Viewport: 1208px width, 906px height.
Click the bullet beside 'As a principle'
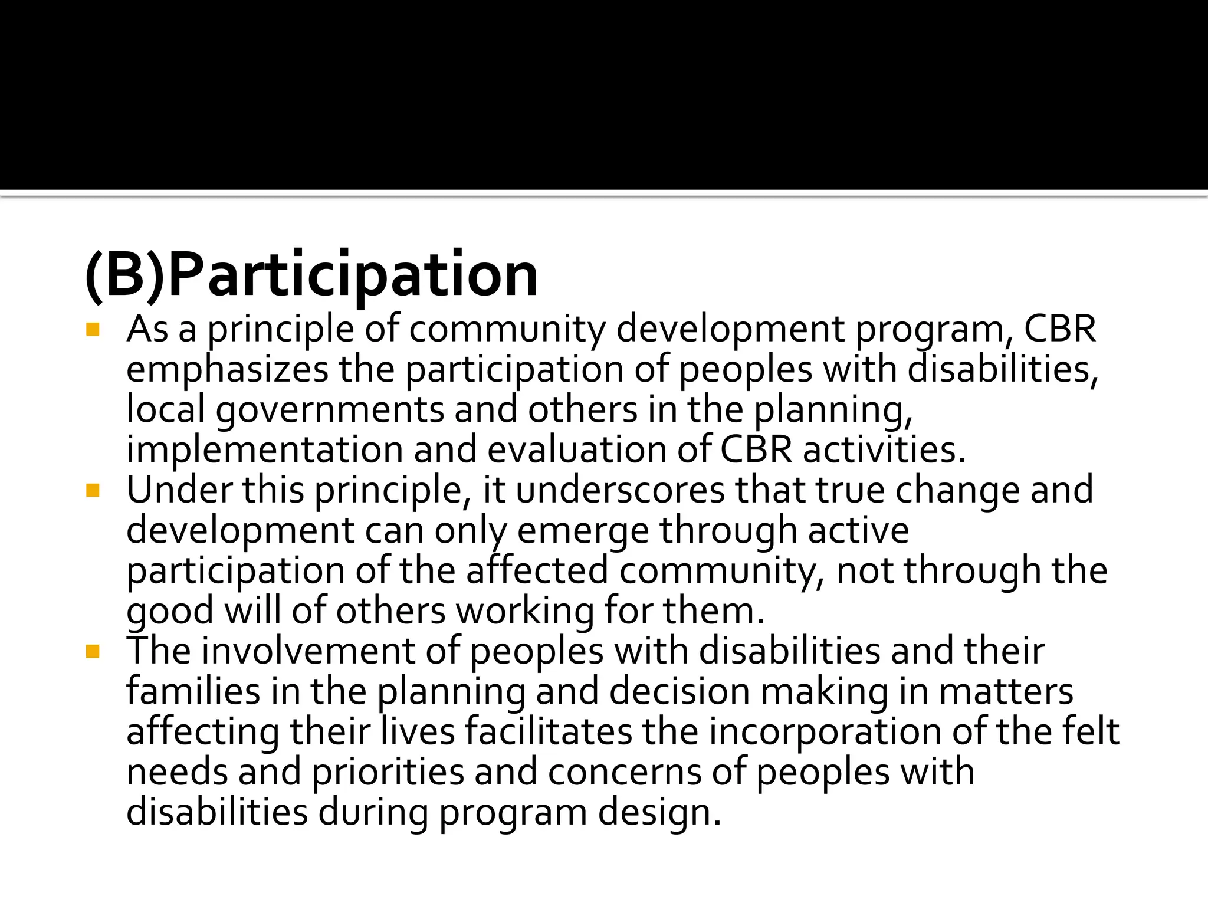93,329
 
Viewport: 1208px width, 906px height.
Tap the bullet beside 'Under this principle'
93,490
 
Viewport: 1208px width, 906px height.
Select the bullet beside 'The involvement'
93,651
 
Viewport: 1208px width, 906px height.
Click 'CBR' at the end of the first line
1059,329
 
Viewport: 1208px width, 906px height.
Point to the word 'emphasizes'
227,370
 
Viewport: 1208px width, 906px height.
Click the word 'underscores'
621,490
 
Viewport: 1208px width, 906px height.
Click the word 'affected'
537,571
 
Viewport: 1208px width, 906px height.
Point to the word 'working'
525,611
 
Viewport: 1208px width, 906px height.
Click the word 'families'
193,691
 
